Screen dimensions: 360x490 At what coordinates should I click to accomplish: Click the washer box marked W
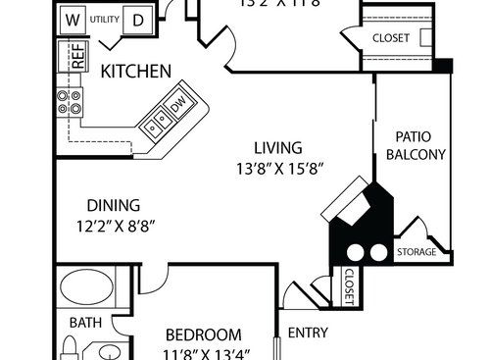click(73, 19)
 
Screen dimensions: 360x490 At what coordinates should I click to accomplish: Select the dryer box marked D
click(139, 19)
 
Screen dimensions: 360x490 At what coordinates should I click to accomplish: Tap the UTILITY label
click(105, 19)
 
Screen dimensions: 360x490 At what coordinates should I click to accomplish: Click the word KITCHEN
click(137, 72)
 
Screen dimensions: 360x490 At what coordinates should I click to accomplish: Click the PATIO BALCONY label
click(421, 145)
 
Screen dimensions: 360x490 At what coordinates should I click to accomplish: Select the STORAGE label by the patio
click(416, 252)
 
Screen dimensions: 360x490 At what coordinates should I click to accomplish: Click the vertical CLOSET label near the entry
click(349, 285)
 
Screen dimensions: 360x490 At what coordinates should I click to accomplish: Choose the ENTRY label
click(308, 333)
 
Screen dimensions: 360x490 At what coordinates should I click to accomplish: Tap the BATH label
click(84, 322)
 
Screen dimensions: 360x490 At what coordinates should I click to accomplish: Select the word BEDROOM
click(203, 334)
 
